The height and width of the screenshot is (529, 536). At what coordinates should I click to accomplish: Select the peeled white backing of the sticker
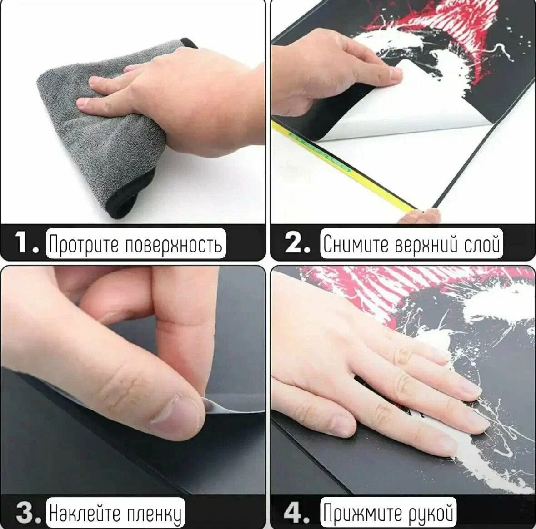click(x=410, y=103)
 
